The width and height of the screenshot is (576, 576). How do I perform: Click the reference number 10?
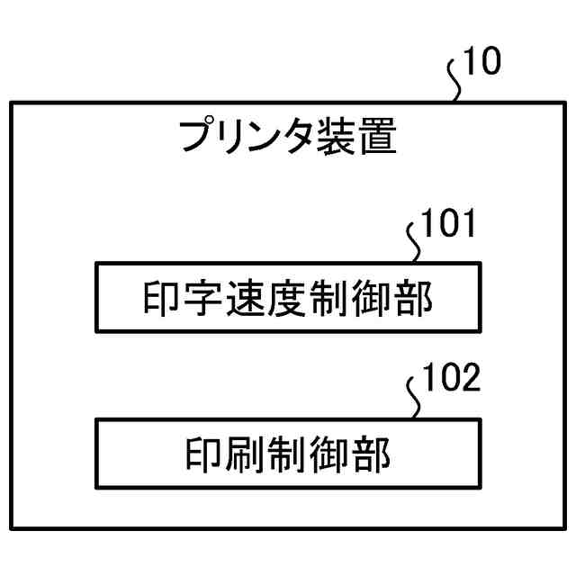[x=483, y=64]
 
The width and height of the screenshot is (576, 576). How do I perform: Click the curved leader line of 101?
[x=416, y=245]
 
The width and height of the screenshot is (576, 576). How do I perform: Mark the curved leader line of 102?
[x=416, y=400]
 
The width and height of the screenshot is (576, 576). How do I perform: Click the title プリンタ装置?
[x=287, y=138]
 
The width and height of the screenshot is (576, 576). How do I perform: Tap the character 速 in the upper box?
[x=246, y=298]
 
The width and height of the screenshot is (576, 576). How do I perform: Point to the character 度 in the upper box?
[x=288, y=298]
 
